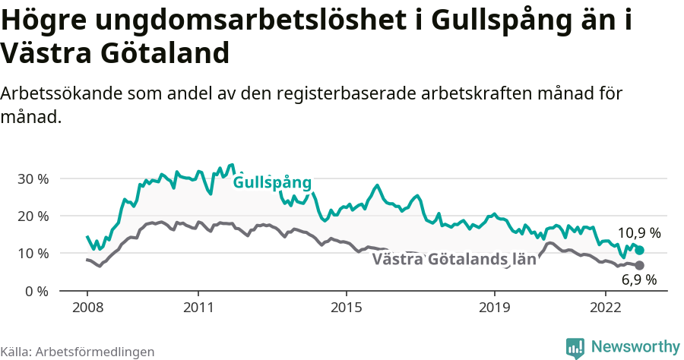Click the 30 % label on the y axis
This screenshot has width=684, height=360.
coord(33,179)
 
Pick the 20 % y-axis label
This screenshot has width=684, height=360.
coord(33,216)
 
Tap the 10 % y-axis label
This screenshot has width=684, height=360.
coord(33,254)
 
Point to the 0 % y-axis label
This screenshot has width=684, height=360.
coord(37,291)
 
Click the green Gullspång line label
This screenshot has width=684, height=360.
coord(272,183)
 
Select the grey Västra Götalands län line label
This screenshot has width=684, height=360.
coord(454,260)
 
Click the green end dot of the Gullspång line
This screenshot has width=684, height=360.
coord(640,250)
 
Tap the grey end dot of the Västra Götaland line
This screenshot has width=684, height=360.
coord(640,265)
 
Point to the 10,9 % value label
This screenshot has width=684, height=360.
coord(639,233)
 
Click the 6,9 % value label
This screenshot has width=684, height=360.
coord(639,280)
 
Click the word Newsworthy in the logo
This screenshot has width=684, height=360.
coord(635,346)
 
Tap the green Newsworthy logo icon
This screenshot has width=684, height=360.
coord(575,348)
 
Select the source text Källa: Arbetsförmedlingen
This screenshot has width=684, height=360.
coord(78,352)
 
